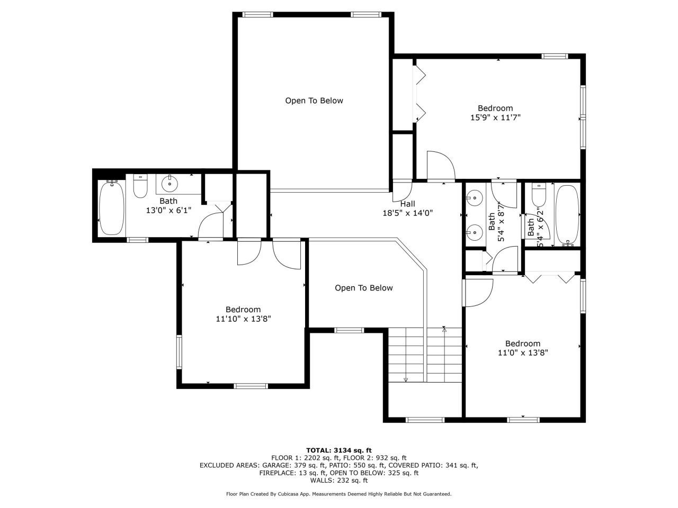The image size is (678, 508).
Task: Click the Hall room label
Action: (x=407, y=204)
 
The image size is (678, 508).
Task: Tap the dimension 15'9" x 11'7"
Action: (x=495, y=117)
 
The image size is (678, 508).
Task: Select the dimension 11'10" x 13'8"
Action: (x=243, y=319)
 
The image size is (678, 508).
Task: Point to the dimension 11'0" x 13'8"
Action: (x=522, y=352)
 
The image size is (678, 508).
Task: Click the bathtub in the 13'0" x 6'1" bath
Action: (x=112, y=207)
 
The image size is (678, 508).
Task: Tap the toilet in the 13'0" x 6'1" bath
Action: (x=140, y=187)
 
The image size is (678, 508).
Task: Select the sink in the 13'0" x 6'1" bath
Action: (x=169, y=185)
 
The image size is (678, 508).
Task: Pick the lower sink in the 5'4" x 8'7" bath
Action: (x=474, y=231)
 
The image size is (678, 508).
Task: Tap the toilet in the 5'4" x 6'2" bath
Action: (x=539, y=194)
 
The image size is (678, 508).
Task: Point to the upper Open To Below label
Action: (x=314, y=101)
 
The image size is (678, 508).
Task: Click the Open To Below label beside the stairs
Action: (x=363, y=288)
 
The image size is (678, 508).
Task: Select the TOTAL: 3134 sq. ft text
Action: (x=338, y=450)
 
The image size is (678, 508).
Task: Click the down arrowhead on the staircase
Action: (x=406, y=379)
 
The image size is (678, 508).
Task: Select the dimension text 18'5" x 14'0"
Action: (x=407, y=213)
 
